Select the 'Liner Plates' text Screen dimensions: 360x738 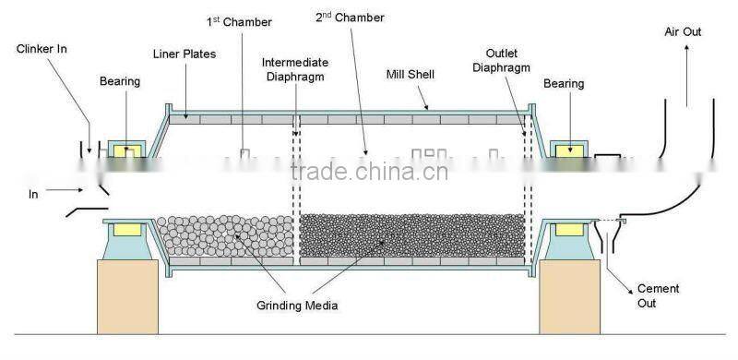[184, 54]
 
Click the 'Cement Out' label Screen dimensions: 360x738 [659, 295]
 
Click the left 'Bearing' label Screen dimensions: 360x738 [120, 81]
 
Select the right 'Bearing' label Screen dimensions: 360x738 [564, 84]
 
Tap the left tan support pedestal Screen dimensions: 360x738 [128, 294]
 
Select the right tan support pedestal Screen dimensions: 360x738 [569, 294]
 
